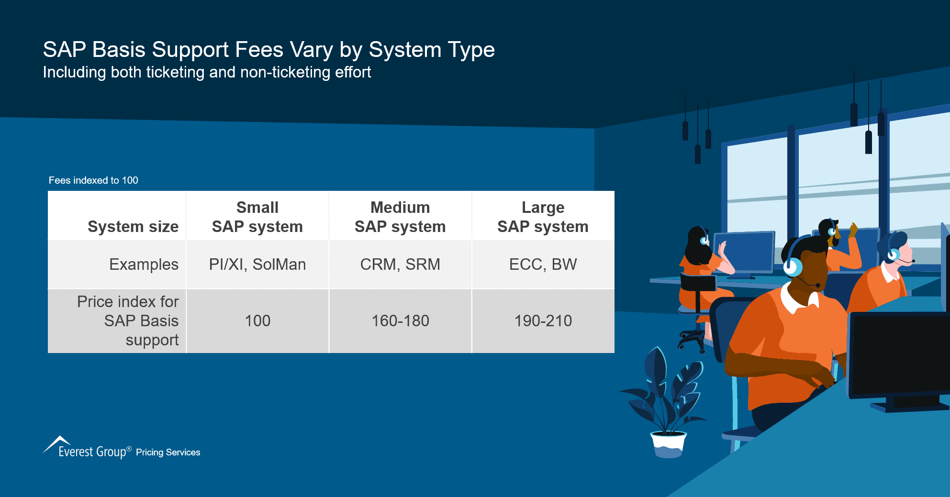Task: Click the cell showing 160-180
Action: [400, 321]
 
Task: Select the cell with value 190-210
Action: [543, 321]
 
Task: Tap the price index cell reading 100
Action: [257, 321]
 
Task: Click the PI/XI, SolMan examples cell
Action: [257, 265]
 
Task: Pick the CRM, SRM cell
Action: [400, 265]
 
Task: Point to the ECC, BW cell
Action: [543, 265]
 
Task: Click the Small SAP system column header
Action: [257, 217]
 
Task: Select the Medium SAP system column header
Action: [400, 217]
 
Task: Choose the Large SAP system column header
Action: [543, 217]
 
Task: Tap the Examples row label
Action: [144, 265]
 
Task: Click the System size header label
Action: [133, 226]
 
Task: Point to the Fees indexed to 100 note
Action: [93, 180]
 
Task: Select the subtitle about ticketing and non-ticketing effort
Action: [207, 72]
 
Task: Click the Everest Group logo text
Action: [92, 452]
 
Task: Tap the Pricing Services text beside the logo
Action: [168, 453]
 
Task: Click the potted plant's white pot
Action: [668, 444]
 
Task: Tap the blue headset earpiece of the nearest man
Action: [792, 267]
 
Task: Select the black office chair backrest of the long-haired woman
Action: [697, 283]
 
